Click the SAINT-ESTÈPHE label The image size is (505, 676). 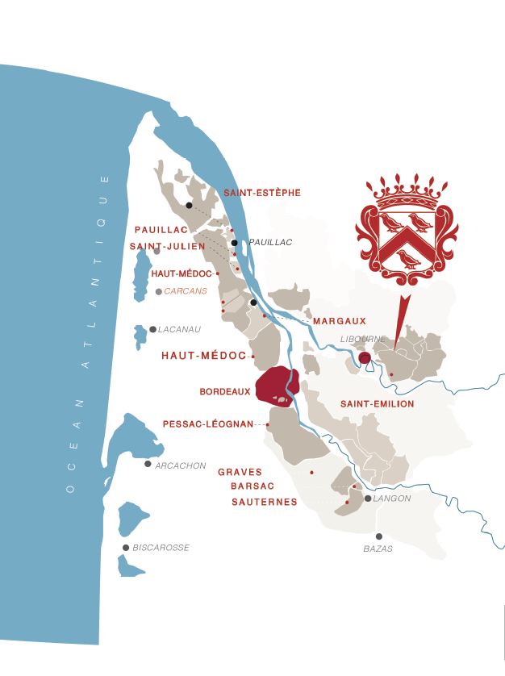262,193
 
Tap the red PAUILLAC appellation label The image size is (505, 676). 161,230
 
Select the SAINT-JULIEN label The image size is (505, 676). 167,246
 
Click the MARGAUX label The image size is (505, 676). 339,321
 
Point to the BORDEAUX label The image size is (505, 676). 224,392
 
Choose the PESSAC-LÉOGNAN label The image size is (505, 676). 208,424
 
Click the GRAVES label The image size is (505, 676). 240,473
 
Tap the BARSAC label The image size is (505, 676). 252,486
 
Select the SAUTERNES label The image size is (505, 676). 264,502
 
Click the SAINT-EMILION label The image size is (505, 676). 377,403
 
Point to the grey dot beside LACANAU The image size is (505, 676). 152,329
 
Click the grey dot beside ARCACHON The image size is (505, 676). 148,464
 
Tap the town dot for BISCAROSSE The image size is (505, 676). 126,548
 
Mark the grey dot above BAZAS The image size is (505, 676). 378,536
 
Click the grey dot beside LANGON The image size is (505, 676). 368,499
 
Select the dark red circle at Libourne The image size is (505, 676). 364,357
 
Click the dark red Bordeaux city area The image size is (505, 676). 276,383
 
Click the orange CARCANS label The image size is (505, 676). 186,291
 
